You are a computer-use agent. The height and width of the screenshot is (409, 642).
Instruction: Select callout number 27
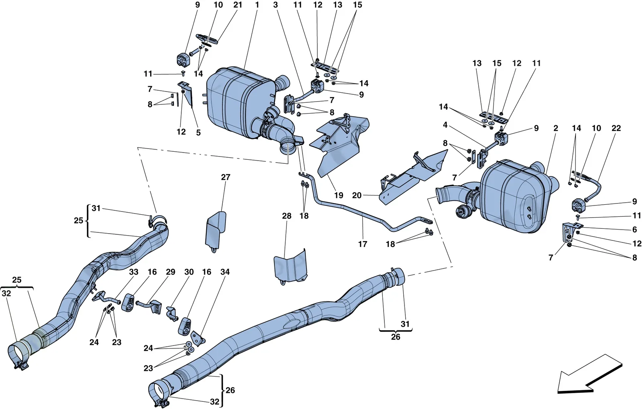pyautogui.click(x=226, y=177)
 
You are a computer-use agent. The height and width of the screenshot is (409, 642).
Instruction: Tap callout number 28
pyautogui.click(x=286, y=216)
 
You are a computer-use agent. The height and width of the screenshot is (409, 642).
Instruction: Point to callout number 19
pyautogui.click(x=339, y=195)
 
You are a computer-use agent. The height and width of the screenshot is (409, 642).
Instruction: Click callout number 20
pyautogui.click(x=357, y=195)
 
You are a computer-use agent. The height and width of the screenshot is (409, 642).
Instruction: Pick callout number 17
pyautogui.click(x=363, y=244)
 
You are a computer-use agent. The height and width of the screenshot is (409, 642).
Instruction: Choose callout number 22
pyautogui.click(x=616, y=128)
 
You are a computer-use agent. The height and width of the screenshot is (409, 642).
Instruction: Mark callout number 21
pyautogui.click(x=238, y=5)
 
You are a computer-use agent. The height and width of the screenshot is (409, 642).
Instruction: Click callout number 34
pyautogui.click(x=225, y=272)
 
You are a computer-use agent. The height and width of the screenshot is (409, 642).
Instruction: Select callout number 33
pyautogui.click(x=134, y=272)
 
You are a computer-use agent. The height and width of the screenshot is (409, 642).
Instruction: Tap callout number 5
pyautogui.click(x=198, y=132)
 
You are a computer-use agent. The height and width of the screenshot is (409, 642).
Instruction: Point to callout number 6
pyautogui.click(x=634, y=229)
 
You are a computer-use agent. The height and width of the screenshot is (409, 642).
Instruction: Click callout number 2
pyautogui.click(x=556, y=128)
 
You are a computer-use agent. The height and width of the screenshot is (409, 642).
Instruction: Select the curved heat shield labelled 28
pyautogui.click(x=291, y=266)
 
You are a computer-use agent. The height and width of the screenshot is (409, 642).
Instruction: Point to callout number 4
pyautogui.click(x=445, y=125)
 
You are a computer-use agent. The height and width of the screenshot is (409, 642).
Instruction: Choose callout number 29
pyautogui.click(x=171, y=272)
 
